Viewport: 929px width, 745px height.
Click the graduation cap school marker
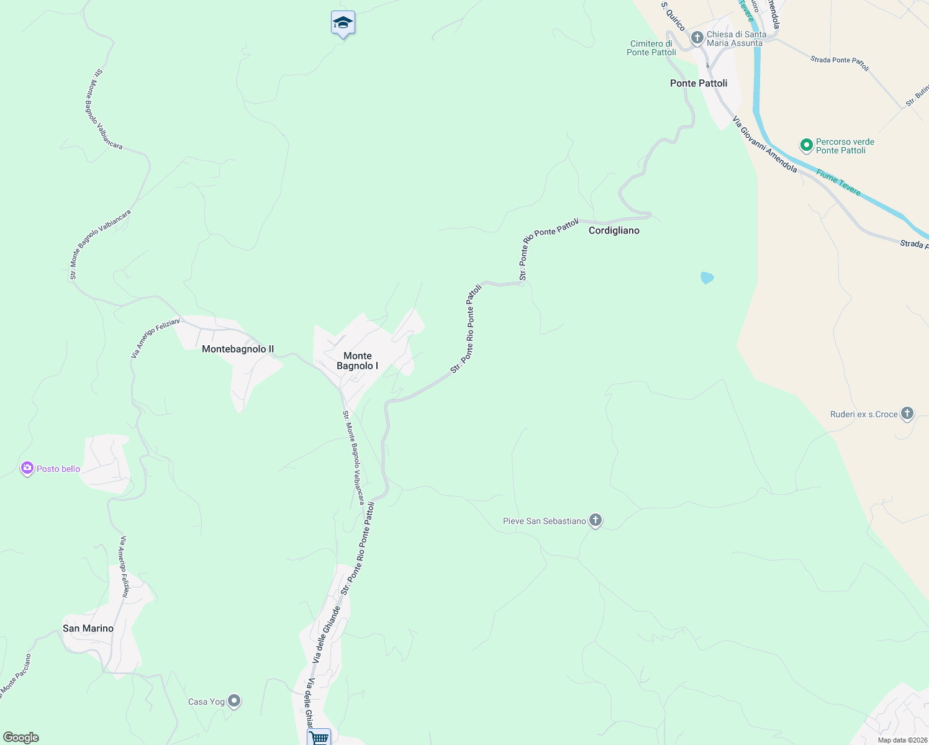coord(343,24)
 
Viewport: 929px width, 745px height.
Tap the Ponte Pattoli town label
coord(699,83)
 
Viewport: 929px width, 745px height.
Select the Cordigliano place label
coord(614,230)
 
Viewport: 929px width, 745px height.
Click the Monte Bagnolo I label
coord(358,361)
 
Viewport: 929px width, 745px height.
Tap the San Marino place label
coord(88,628)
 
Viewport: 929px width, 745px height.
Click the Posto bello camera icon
coord(27,469)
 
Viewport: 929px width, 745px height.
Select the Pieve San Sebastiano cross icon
coord(596,520)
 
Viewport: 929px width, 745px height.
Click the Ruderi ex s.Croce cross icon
coord(907,413)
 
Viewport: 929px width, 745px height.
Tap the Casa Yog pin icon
coord(234,701)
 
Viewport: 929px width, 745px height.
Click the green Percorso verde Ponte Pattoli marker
coord(807,146)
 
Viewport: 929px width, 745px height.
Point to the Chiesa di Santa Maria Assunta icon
coord(697,38)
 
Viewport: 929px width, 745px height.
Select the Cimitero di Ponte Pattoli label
coord(651,48)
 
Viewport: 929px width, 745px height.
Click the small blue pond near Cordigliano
coord(707,278)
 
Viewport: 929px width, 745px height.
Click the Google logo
coord(21,738)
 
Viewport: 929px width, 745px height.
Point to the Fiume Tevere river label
coord(838,183)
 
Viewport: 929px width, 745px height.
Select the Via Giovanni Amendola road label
coord(764,144)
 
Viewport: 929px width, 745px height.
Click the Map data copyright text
coord(902,740)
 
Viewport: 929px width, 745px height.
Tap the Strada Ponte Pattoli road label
coord(840,63)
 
